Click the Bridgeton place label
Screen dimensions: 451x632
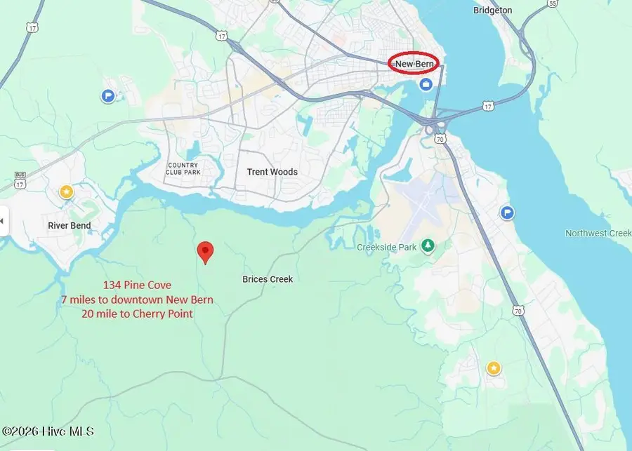point(513,11)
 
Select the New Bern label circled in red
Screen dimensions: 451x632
point(414,64)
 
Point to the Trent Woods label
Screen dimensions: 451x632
point(272,172)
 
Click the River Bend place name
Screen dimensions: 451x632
point(70,226)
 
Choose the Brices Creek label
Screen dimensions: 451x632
point(268,279)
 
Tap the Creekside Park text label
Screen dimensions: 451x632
point(387,247)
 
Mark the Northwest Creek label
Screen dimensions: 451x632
point(598,234)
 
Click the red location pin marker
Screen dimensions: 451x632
point(204,252)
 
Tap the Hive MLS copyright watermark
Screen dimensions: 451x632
point(48,432)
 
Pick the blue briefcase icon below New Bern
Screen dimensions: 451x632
point(426,85)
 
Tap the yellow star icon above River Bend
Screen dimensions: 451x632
point(66,191)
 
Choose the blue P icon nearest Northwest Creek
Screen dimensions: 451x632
point(508,213)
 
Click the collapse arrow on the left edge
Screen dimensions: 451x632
point(2,222)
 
